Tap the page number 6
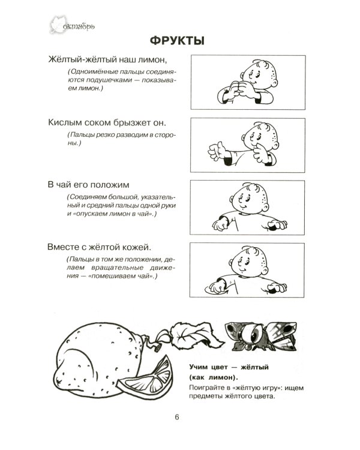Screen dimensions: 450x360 (x=176, y=418)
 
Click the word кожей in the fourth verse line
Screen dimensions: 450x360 (x=133, y=246)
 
